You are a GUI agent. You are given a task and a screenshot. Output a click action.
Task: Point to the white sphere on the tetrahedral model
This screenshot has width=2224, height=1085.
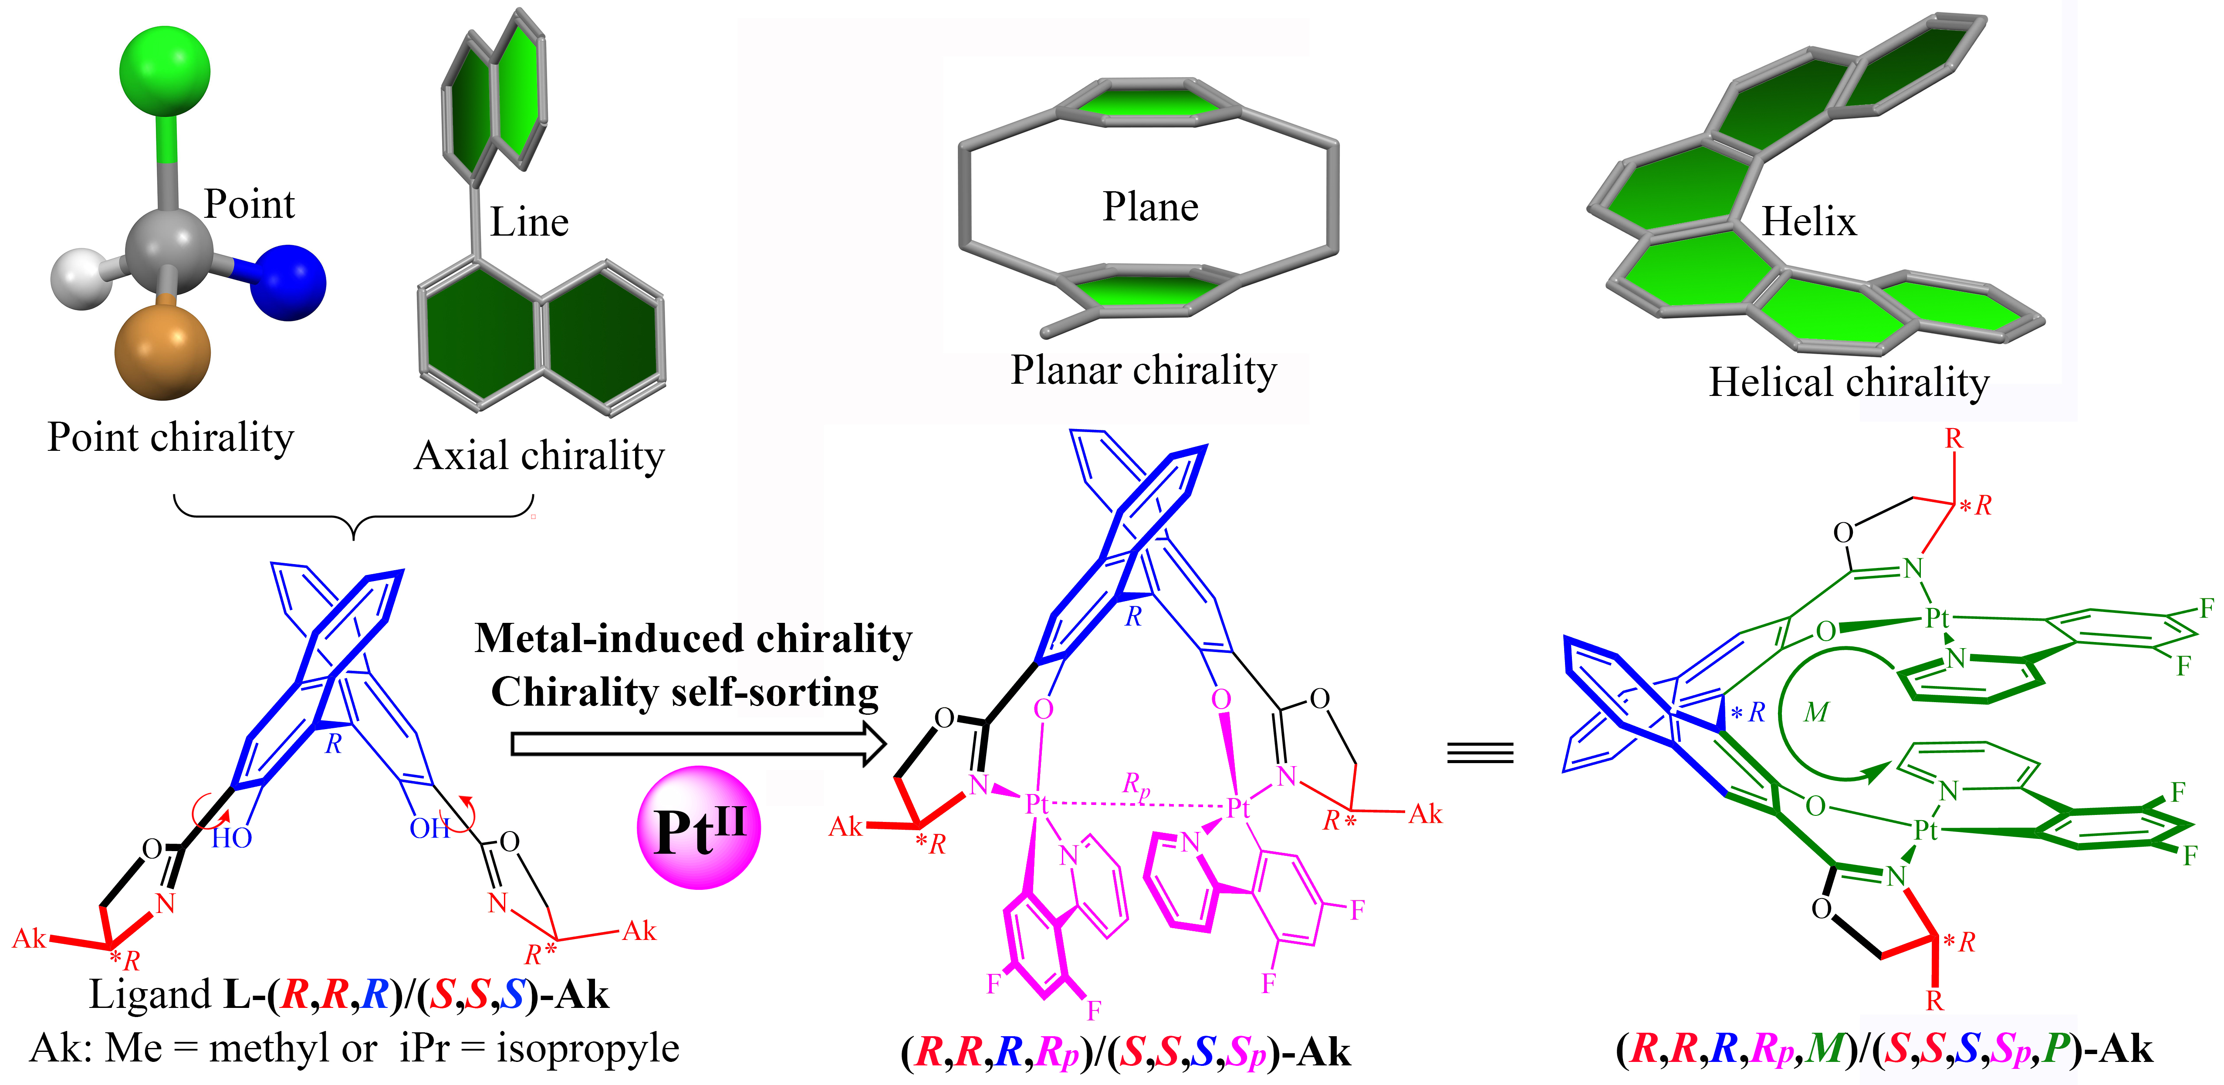[82, 278]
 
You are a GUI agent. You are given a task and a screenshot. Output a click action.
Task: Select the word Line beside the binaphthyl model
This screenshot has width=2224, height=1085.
[529, 223]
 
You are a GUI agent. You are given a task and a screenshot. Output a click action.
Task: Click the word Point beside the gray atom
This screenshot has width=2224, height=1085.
[249, 205]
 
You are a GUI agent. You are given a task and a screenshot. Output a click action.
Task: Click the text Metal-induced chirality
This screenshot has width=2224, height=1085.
[693, 639]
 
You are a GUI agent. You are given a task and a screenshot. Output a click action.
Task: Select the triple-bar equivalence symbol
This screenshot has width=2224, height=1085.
[1480, 753]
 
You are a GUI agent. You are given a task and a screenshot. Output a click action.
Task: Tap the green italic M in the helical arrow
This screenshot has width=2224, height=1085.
[1815, 712]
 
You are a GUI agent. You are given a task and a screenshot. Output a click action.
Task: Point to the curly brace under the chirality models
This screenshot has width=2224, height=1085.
[354, 518]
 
